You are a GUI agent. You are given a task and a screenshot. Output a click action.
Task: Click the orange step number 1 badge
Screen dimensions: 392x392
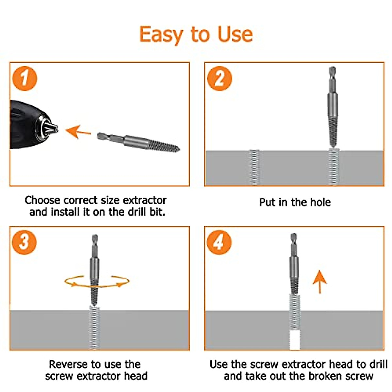(x=24, y=78)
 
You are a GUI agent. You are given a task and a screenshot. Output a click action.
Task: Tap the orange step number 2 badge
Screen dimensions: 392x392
(x=220, y=79)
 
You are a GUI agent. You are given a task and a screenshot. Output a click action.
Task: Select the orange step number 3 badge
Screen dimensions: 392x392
(x=24, y=242)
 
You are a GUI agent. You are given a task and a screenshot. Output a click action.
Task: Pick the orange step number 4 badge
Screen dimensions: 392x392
(x=219, y=242)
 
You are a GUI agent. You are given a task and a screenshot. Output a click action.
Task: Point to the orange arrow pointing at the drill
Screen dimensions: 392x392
(x=78, y=131)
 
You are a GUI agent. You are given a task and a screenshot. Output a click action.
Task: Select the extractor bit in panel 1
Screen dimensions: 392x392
(x=139, y=142)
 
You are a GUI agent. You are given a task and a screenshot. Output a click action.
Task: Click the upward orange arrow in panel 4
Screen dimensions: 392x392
(x=319, y=282)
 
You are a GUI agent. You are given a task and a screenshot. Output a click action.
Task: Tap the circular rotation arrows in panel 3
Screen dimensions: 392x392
(x=97, y=281)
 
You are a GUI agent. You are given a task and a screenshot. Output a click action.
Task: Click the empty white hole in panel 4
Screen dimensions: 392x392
(x=295, y=340)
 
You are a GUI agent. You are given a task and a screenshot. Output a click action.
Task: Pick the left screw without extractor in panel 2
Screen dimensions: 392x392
(x=254, y=167)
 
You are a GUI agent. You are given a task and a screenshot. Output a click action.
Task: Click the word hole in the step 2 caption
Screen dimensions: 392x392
(x=320, y=202)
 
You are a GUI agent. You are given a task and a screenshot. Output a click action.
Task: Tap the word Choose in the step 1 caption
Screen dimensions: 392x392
(x=43, y=200)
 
